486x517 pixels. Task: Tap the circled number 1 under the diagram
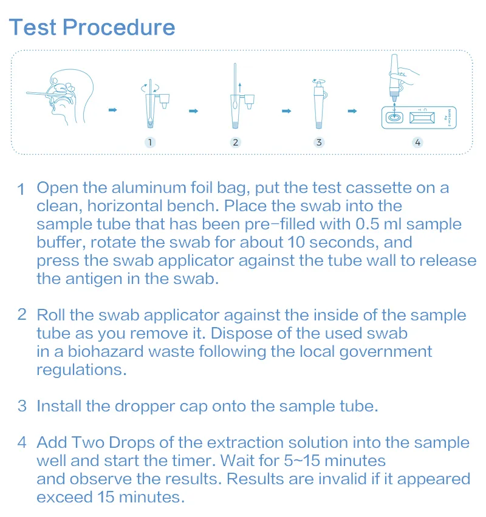click(151, 142)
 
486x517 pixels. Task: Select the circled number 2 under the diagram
click(236, 142)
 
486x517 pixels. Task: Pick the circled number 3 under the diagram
click(319, 142)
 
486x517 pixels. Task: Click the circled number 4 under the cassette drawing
click(417, 142)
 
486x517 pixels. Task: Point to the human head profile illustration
click(67, 97)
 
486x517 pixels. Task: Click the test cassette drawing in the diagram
click(419, 117)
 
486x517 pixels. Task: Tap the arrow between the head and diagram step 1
click(113, 110)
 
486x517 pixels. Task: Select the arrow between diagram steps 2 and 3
click(286, 111)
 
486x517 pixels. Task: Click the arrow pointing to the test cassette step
click(351, 111)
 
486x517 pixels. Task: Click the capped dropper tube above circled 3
click(318, 103)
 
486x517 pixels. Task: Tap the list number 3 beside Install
click(22, 406)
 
